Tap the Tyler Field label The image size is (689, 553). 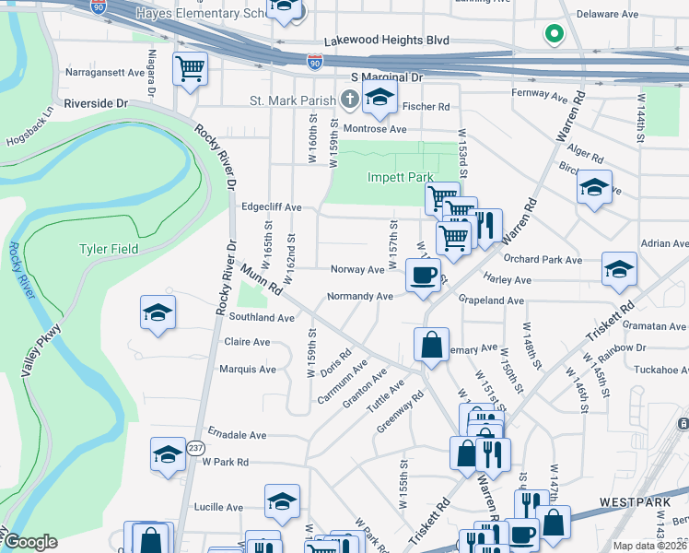109,249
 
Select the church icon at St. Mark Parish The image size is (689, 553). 349,99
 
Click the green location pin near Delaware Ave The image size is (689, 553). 554,35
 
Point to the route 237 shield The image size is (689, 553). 196,448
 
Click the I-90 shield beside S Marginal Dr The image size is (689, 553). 314,62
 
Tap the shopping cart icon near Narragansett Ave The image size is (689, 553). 190,69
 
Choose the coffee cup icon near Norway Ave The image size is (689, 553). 423,275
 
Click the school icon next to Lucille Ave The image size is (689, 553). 282,501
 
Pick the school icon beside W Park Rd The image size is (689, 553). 168,455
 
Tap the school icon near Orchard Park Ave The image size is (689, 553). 618,269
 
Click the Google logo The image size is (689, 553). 30,542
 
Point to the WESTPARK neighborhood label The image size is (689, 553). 631,501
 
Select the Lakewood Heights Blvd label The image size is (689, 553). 387,41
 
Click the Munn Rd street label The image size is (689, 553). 262,279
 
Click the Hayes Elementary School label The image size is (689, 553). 197,14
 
